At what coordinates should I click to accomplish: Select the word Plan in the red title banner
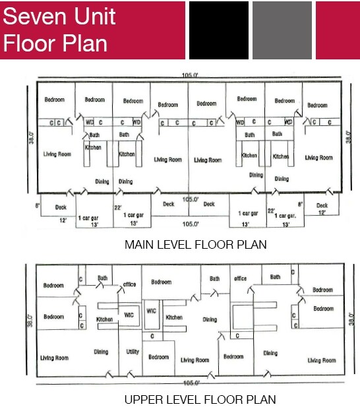tap(84, 43)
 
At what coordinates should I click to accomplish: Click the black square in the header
tap(218, 30)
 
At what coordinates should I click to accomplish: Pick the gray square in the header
tap(282, 30)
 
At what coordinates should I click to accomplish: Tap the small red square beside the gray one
tap(338, 30)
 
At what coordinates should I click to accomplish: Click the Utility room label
tap(133, 352)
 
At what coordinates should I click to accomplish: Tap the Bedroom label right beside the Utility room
tap(158, 357)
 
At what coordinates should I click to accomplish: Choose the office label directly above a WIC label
tap(129, 284)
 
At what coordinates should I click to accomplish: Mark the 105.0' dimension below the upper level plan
tap(191, 383)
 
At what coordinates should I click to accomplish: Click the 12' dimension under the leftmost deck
tap(63, 220)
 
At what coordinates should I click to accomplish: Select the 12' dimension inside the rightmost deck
tap(322, 212)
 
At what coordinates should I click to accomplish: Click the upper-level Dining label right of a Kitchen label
tap(210, 320)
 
